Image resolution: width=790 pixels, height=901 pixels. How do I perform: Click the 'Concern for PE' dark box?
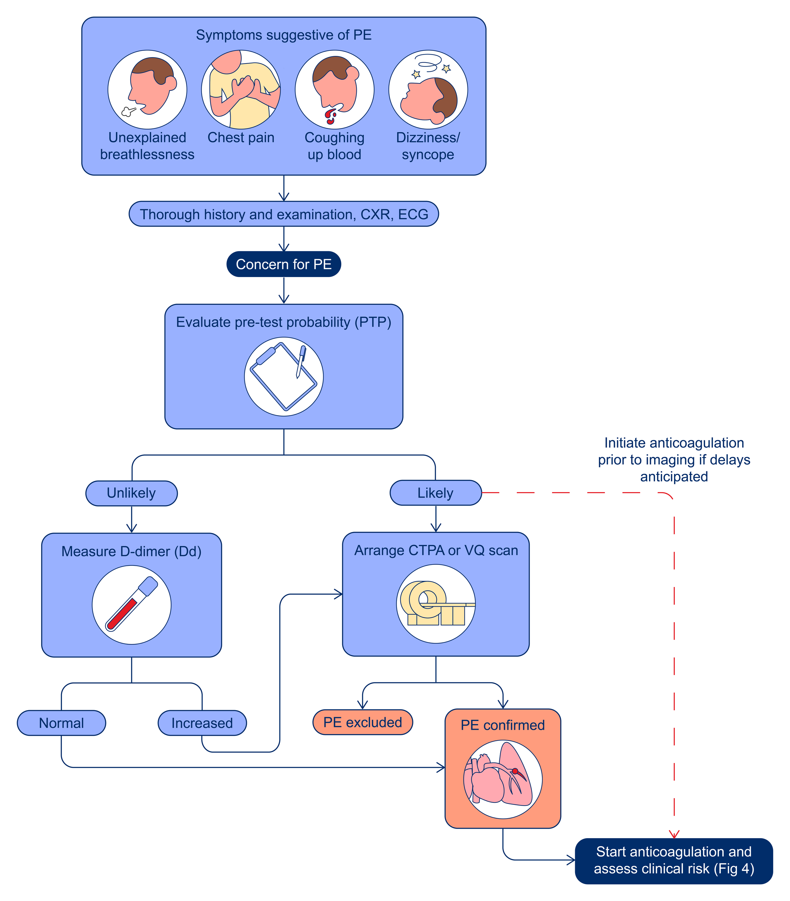pos(283,264)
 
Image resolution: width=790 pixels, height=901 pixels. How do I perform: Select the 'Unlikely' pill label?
pos(131,493)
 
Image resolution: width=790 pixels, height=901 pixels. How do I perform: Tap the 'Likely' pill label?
pos(435,493)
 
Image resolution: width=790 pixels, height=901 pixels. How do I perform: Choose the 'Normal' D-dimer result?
pos(61,723)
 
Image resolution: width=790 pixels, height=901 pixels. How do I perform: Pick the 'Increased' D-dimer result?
pos(202,723)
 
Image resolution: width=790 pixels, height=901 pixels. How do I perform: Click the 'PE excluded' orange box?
pos(362,722)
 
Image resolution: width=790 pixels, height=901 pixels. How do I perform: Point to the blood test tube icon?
pos(131,604)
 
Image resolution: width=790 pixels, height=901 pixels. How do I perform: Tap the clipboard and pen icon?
pos(283,377)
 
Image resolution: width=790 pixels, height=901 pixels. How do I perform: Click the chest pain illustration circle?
pos(241,89)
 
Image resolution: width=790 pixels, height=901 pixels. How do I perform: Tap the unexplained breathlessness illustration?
pos(147,89)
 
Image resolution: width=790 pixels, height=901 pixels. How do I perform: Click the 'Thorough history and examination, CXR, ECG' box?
pos(283,214)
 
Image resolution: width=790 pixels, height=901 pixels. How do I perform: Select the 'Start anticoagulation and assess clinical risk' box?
pos(674,861)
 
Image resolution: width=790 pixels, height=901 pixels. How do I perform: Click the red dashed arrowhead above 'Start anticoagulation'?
pos(674,834)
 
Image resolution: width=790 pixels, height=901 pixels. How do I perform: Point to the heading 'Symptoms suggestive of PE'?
pos(283,35)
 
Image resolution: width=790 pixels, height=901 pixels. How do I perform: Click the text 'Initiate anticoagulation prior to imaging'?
pos(674,459)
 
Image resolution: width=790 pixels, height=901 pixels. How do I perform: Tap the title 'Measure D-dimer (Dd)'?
pos(131,552)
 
